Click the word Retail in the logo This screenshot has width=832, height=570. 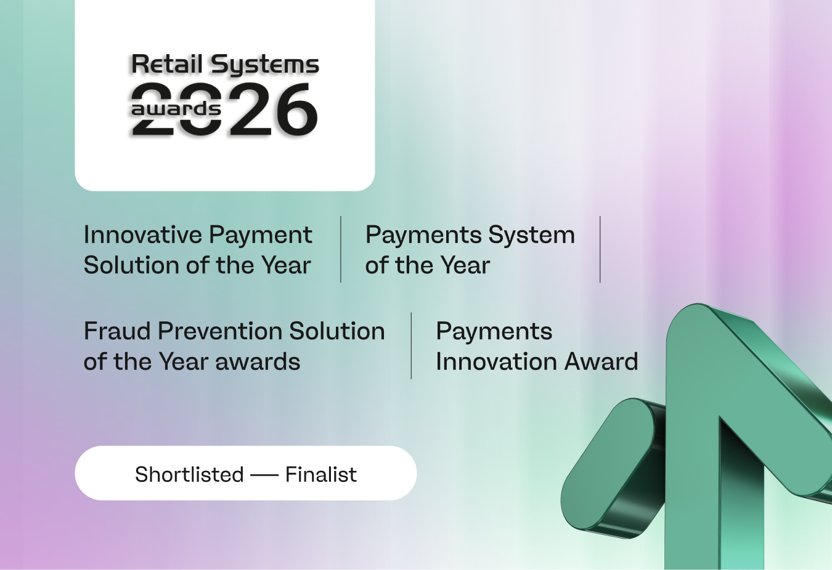[x=167, y=64]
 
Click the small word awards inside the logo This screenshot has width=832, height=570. [x=176, y=110]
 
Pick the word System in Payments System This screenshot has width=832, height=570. [x=531, y=236]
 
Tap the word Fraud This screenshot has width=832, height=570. [x=117, y=331]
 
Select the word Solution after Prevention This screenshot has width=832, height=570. [x=337, y=331]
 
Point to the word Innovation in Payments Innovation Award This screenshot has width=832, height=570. [x=496, y=362]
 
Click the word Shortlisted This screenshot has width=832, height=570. [x=189, y=475]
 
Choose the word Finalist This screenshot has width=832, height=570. [x=320, y=475]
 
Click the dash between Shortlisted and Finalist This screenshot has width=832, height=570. [x=264, y=475]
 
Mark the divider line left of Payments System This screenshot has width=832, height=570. [x=341, y=249]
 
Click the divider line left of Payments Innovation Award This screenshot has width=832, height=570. [x=411, y=345]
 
